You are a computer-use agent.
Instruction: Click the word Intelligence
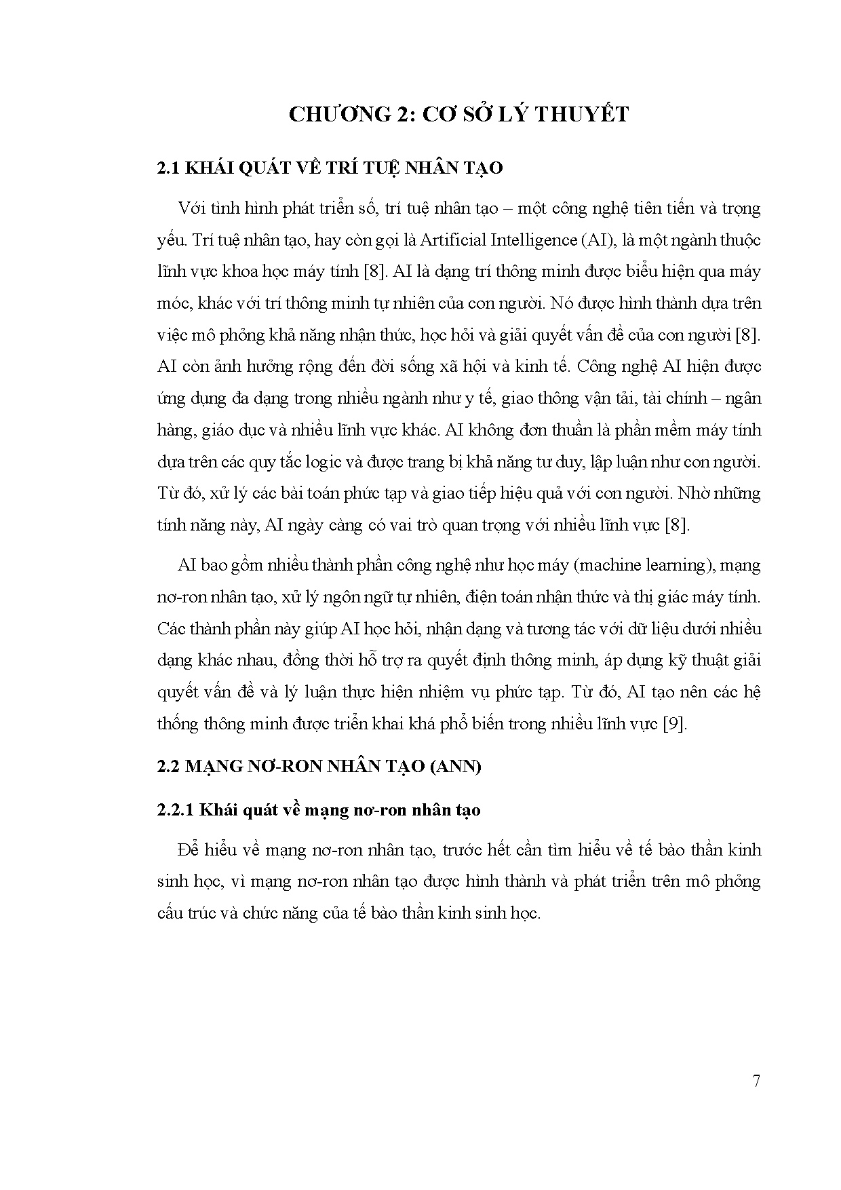pyautogui.click(x=527, y=240)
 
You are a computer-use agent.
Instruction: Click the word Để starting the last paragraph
pyautogui.click(x=187, y=850)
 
